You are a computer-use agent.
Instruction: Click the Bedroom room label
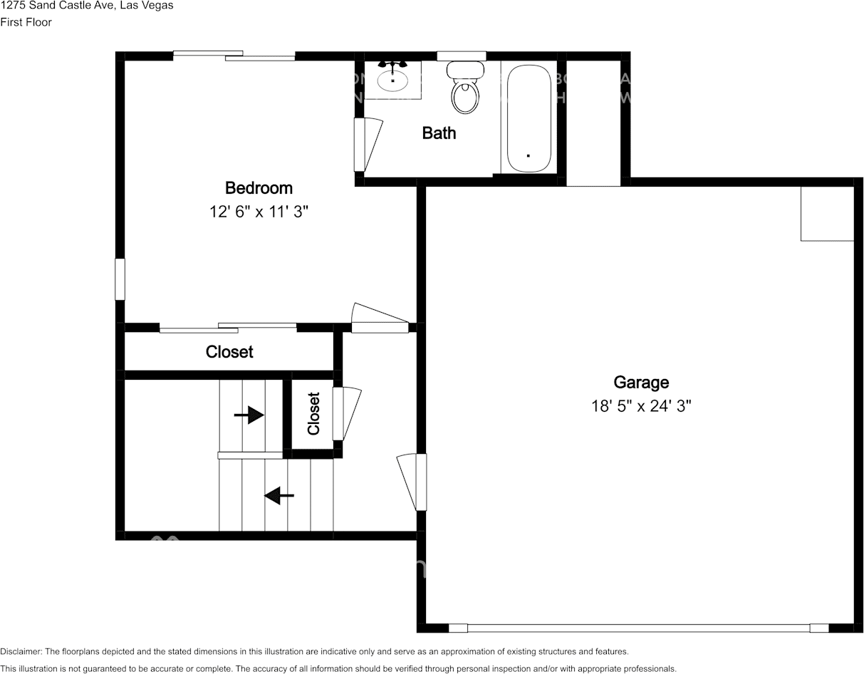(x=259, y=188)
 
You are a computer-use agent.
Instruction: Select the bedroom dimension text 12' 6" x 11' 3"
(x=259, y=212)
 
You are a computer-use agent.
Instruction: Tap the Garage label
(x=641, y=383)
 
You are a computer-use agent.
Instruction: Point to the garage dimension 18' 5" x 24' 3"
(x=641, y=406)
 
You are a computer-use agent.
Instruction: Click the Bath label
(x=439, y=133)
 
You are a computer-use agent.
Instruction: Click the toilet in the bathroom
(x=465, y=89)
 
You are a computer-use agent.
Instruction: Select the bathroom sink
(x=392, y=79)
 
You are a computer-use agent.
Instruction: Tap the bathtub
(x=529, y=118)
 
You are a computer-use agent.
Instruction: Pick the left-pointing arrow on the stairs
(x=279, y=495)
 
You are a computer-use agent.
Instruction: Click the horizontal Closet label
(x=229, y=352)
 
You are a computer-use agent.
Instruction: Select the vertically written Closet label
(x=313, y=413)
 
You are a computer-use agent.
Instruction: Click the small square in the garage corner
(x=827, y=214)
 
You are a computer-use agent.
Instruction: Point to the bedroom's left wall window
(x=120, y=279)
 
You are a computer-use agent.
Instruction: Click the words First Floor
(x=26, y=22)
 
